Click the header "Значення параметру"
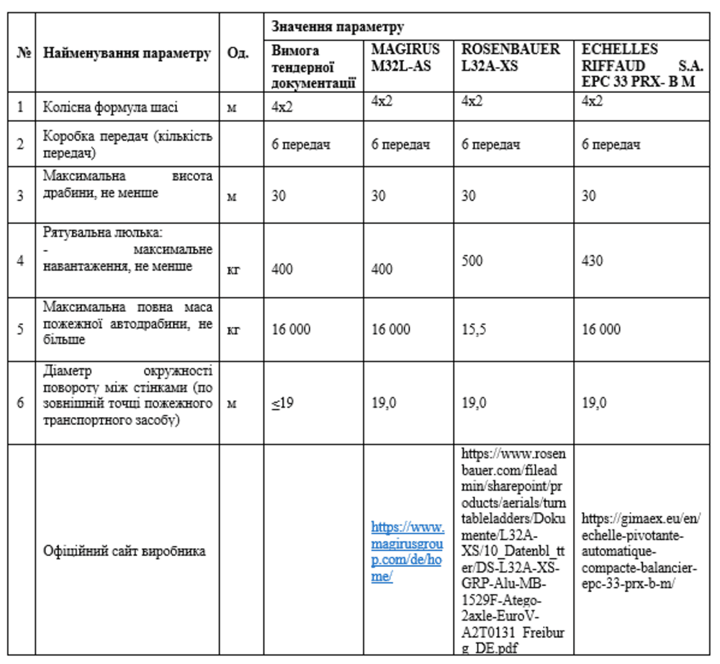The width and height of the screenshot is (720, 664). pos(338,27)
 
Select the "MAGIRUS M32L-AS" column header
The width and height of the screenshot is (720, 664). pos(405,57)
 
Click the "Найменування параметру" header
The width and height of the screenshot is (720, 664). pos(127,54)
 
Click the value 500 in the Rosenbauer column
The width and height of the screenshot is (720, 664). pos(472,260)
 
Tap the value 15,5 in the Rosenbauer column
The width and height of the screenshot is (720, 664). pos(473,329)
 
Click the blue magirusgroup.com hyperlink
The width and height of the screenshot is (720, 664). pos(407,551)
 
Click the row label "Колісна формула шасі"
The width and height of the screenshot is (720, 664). pos(110,107)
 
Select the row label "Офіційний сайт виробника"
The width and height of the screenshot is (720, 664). pos(125,551)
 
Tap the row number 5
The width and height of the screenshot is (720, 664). pos(20,329)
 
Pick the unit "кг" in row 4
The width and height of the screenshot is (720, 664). pos(233,269)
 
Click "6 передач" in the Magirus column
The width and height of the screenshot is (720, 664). pos(401,145)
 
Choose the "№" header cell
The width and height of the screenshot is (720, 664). pos(22,54)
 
